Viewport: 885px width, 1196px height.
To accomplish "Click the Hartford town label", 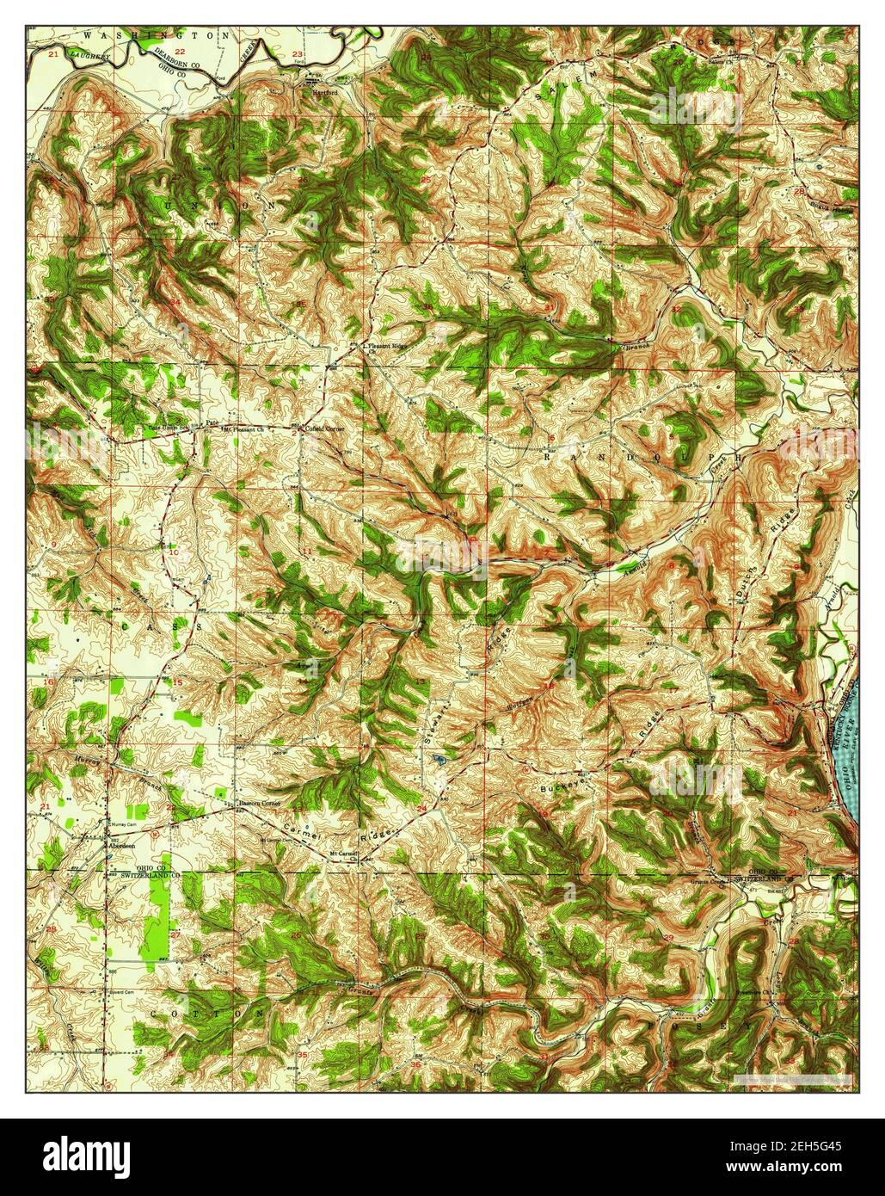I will point(324,89).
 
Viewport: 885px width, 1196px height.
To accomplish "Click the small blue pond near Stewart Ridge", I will point(439,759).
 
